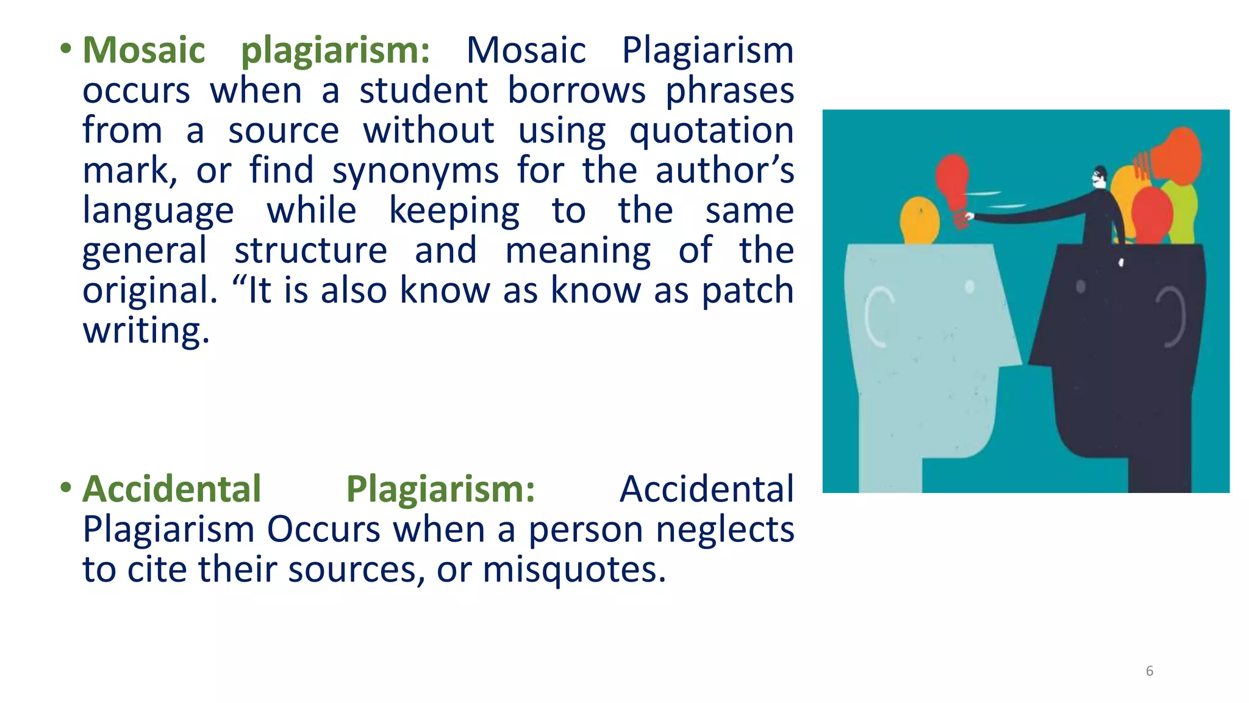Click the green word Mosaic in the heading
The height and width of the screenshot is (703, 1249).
(144, 50)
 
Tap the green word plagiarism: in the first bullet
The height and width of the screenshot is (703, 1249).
(335, 51)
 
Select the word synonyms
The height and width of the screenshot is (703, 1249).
(415, 171)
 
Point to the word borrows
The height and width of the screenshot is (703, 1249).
(576, 91)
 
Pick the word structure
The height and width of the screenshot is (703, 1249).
(310, 251)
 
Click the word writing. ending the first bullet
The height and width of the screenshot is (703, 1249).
(146, 331)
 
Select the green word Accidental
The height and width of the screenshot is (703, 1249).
(172, 489)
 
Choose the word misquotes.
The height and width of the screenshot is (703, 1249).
(574, 570)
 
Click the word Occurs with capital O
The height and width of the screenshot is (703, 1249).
(324, 530)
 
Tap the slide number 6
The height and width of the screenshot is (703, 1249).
(1150, 671)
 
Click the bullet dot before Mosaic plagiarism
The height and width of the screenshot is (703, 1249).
(66, 49)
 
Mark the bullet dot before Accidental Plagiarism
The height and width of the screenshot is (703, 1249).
(66, 488)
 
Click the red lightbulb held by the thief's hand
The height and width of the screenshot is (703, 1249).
(952, 180)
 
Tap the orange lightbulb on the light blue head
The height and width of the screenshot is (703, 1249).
(920, 220)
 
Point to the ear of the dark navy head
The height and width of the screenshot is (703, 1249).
(1171, 317)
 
